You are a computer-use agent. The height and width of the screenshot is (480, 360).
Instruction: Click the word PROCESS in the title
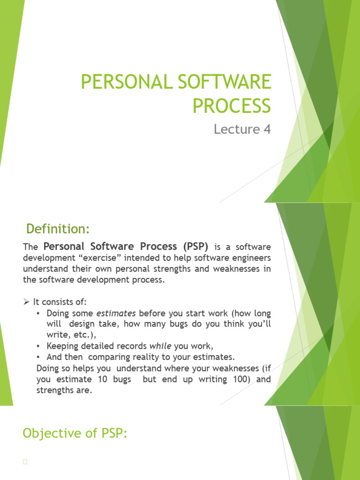point(232,105)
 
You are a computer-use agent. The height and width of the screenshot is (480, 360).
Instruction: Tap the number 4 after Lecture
point(267,129)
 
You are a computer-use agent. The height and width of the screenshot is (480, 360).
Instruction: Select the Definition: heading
point(58,229)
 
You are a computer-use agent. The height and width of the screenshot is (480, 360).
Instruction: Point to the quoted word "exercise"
point(101,258)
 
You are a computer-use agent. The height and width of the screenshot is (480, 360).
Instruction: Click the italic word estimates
point(116,313)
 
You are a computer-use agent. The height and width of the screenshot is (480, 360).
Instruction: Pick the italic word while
point(161,346)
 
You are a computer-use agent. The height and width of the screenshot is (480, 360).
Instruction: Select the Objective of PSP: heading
point(75,434)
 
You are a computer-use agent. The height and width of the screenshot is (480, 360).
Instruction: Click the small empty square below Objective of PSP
point(25,463)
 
